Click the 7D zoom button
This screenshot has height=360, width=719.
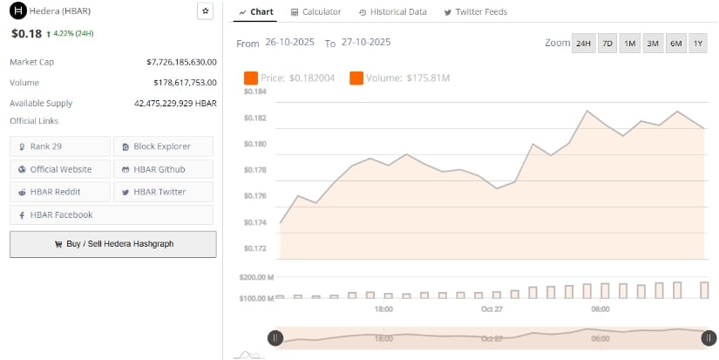pyautogui.click(x=607, y=44)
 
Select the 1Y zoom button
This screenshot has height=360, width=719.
pyautogui.click(x=698, y=44)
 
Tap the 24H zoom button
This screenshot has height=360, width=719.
pyautogui.click(x=583, y=44)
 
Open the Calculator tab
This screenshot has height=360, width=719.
pyautogui.click(x=315, y=12)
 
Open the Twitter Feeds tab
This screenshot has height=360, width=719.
pyautogui.click(x=475, y=12)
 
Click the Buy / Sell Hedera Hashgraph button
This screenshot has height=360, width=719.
pyautogui.click(x=112, y=244)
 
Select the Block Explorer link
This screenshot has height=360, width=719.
pyautogui.click(x=162, y=146)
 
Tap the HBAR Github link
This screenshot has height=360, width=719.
pyautogui.click(x=162, y=169)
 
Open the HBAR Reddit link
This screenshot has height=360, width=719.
pyautogui.click(x=60, y=192)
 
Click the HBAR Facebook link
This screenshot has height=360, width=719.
pyautogui.click(x=111, y=214)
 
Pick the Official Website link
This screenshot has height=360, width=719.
pyautogui.click(x=60, y=169)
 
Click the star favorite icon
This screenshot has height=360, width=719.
pyautogui.click(x=205, y=11)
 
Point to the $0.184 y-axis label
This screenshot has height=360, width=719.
pyautogui.click(x=254, y=92)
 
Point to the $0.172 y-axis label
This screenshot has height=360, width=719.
pyautogui.click(x=254, y=249)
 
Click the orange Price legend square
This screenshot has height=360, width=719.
pyautogui.click(x=251, y=78)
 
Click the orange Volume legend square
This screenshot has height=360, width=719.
pyautogui.click(x=356, y=78)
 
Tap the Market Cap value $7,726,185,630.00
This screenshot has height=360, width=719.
pyautogui.click(x=181, y=62)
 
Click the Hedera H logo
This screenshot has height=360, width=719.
pyautogui.click(x=16, y=11)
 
